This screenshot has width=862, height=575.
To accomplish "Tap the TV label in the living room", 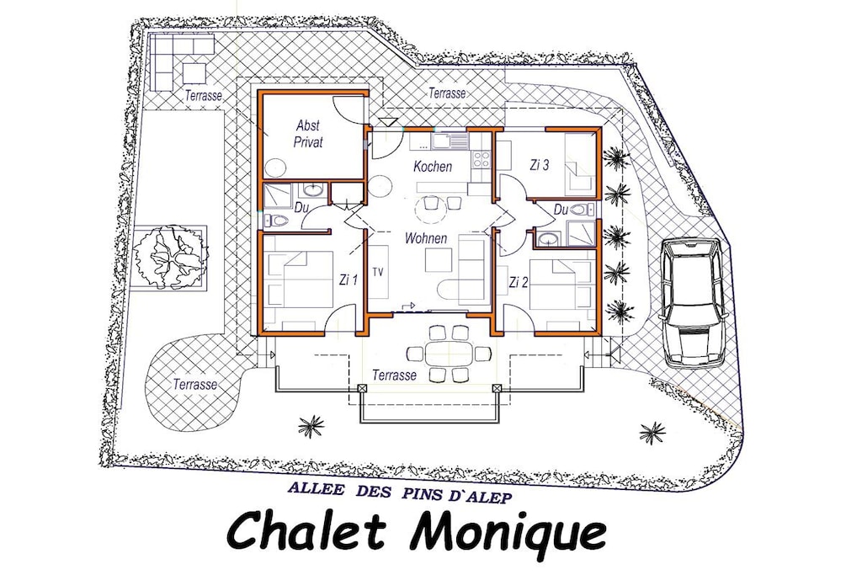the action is click(378, 272).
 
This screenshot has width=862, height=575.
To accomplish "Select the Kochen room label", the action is click(433, 166).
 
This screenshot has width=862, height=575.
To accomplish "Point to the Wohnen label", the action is click(425, 238).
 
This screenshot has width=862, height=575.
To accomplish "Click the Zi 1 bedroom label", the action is click(349, 280).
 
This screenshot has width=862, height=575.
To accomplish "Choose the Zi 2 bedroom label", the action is click(519, 283).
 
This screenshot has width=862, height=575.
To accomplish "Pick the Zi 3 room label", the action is click(540, 165).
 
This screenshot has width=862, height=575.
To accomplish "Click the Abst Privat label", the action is click(308, 134).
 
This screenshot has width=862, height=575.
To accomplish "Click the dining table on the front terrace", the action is click(450, 353).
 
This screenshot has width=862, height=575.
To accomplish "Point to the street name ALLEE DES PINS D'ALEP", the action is click(400, 493).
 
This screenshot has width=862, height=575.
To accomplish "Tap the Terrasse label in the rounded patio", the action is click(194, 384).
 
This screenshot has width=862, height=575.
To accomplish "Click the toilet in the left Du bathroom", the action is click(278, 221).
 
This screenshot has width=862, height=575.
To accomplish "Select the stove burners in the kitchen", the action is click(482, 159).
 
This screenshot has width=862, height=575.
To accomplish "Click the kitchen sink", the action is click(450, 141).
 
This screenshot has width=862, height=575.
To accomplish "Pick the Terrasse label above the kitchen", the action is click(448, 93).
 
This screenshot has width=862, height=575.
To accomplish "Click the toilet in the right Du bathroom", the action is click(581, 210).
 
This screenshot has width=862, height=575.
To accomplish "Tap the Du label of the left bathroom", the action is click(301, 208).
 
